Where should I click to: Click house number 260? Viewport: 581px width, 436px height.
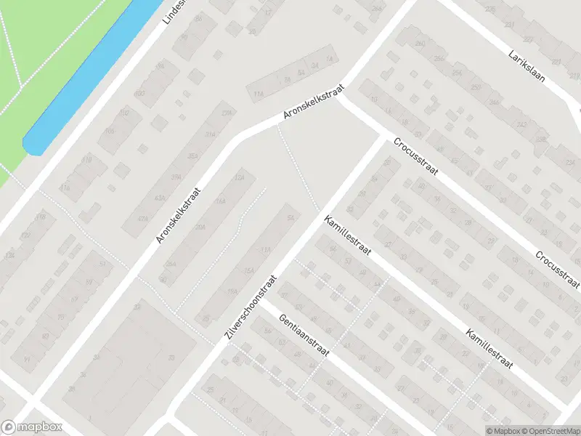click(x=419, y=44)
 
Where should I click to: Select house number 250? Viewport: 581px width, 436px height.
click(x=476, y=87)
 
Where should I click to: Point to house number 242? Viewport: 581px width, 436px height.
click(x=521, y=125)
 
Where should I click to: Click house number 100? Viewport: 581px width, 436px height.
click(x=139, y=94)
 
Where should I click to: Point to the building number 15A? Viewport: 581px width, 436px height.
click(x=248, y=270)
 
